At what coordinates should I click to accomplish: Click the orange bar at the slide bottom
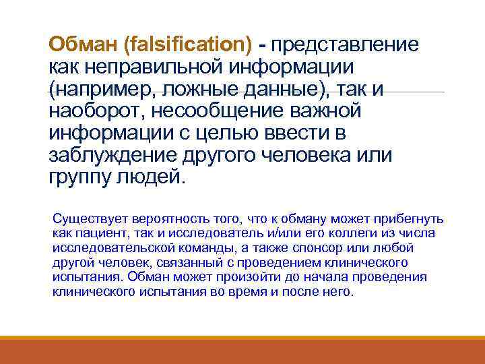click(243, 351)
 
